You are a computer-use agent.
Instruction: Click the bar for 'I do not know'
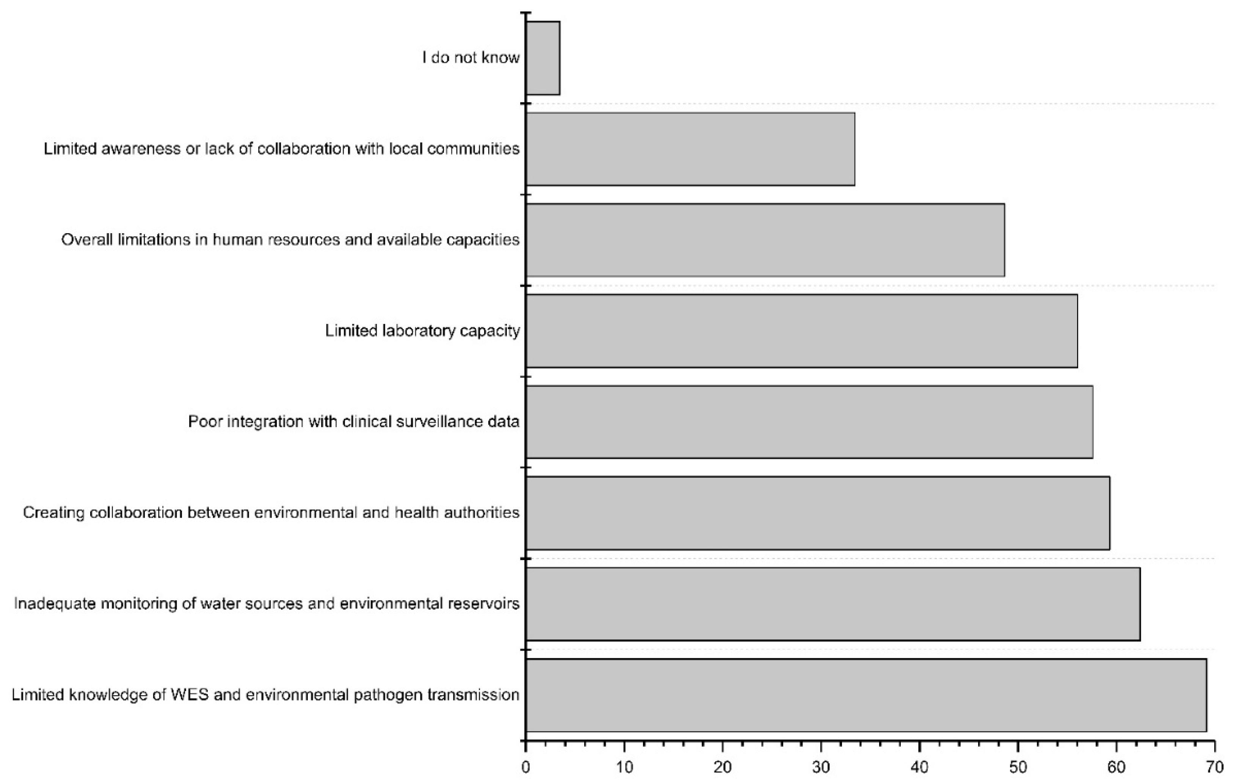(543, 58)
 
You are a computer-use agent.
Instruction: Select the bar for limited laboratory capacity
(801, 331)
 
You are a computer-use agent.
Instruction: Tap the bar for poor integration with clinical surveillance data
(809, 421)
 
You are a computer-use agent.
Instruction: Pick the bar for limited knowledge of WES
(866, 695)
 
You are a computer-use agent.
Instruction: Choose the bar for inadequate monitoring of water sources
(833, 603)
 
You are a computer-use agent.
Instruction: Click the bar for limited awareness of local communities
(690, 149)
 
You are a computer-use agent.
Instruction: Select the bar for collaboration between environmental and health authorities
(817, 513)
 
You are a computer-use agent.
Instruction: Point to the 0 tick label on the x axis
(526, 767)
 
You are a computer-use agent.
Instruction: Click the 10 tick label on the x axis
(624, 767)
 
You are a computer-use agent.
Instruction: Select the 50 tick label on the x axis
(1018, 767)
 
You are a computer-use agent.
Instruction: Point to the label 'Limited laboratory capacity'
(422, 331)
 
